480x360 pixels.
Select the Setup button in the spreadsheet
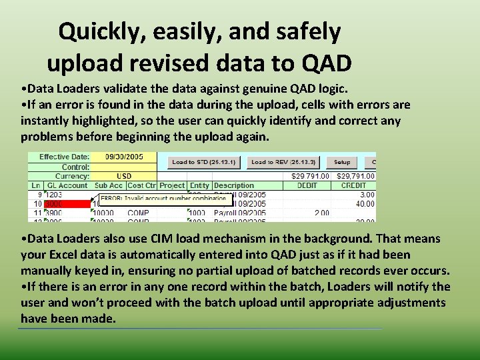click(342, 162)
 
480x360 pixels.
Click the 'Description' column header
click(234, 185)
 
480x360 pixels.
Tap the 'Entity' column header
click(199, 185)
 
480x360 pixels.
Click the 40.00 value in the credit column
click(365, 203)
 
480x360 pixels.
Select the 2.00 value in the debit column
click(321, 213)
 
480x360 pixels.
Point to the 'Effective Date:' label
click(64, 157)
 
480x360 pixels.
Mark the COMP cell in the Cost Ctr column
click(138, 213)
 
